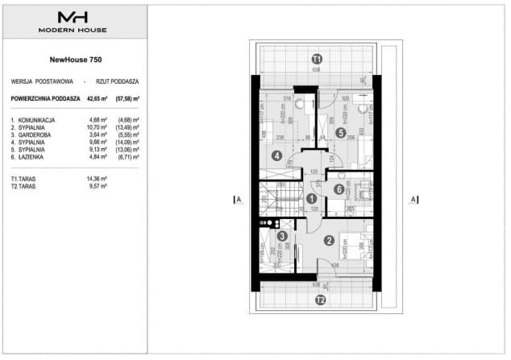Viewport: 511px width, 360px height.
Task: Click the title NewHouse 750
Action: coord(75,59)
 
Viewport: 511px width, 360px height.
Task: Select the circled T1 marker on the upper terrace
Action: coord(317,59)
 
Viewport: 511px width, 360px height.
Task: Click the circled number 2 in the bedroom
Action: coord(329,239)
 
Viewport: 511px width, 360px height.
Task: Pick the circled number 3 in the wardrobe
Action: coord(281,237)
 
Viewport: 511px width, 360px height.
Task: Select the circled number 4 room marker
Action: coord(276,155)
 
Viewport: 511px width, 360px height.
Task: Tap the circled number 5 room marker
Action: coord(341,134)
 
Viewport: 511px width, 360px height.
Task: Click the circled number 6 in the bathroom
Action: coord(339,189)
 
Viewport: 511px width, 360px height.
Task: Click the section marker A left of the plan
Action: coord(234,198)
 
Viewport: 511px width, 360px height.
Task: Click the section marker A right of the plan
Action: coord(412,199)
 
